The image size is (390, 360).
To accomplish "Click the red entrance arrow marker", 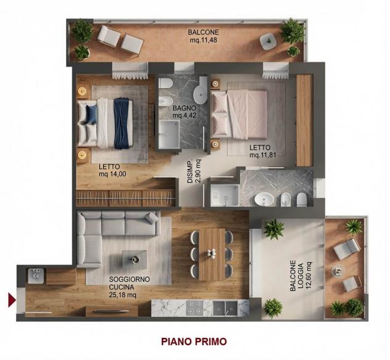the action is click(12, 300).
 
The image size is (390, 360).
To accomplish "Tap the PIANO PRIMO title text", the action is click(194, 342).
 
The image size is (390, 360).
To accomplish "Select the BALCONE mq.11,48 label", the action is click(204, 36).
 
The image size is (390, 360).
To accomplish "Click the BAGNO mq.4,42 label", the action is click(185, 112).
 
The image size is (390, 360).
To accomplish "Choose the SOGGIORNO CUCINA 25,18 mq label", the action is click(130, 287).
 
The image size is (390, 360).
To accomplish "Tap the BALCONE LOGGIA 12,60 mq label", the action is click(301, 276).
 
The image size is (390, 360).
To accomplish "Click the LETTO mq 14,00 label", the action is click(112, 170).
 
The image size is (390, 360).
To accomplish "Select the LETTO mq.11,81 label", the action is click(263, 151).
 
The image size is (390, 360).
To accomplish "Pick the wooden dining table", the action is click(212, 255).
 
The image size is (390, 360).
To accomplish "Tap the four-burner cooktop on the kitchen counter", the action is click(194, 308).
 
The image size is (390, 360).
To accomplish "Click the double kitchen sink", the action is click(225, 308).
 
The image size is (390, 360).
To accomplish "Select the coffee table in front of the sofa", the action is click(135, 260).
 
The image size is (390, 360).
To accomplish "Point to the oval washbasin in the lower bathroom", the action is click(264, 199).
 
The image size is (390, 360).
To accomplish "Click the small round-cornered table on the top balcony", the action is click(268, 41).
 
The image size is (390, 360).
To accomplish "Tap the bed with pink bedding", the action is click(239, 114).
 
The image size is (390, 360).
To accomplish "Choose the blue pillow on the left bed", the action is click(91, 114).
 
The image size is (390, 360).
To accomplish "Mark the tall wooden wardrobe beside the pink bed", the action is click(304, 120).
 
